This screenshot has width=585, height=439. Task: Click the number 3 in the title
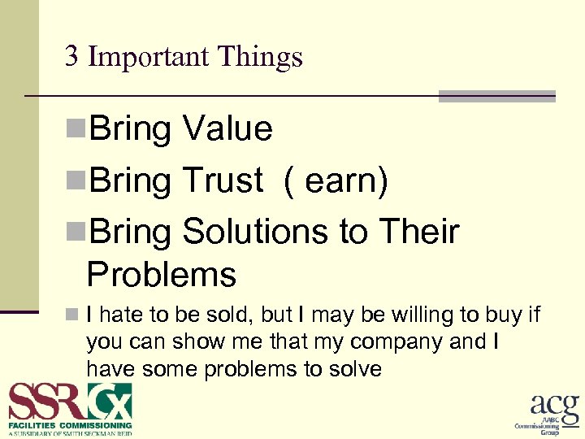pos(71,56)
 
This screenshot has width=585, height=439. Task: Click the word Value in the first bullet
pos(227,128)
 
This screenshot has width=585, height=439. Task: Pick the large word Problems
pos(161,275)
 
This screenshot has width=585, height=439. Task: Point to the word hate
pos(128,315)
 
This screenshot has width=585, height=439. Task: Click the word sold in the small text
pos(245,315)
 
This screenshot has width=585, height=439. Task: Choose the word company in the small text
pos(394,341)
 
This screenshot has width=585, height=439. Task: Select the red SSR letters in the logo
pos(47,402)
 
